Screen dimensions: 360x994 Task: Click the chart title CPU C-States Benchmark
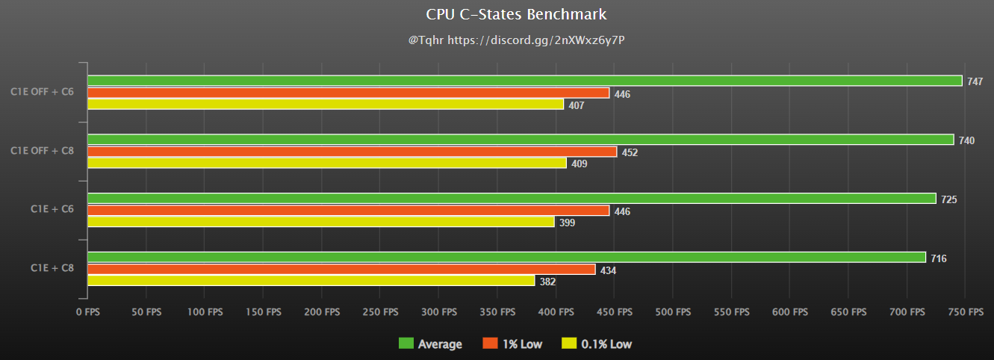coord(516,14)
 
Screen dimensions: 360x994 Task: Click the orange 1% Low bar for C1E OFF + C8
coord(352,152)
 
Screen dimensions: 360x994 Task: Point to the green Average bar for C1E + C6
coord(512,199)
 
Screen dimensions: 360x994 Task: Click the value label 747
coord(975,81)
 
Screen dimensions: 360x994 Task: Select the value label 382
coord(547,282)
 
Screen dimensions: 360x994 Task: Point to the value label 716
coord(939,258)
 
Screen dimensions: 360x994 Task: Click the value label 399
coord(567,223)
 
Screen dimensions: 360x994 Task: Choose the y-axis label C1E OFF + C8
coord(42,151)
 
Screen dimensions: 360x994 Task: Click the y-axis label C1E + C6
coord(52,209)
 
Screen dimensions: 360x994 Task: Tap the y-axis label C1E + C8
coord(52,267)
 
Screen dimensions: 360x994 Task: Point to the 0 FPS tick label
coord(87,311)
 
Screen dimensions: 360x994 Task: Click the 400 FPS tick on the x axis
coord(556,311)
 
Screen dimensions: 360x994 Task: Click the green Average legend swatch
coord(406,344)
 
